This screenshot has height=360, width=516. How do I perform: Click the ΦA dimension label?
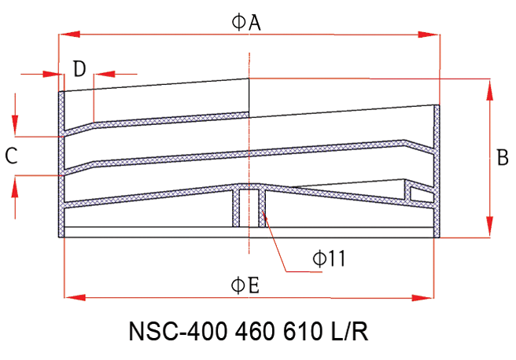246,23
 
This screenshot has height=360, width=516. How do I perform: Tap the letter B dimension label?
503,157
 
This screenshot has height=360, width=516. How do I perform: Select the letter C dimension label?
12,156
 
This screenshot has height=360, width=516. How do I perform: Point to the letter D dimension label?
79,69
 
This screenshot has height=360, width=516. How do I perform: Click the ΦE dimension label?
245,285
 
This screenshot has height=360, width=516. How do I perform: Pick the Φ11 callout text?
329,258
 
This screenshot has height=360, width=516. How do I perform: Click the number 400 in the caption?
208,332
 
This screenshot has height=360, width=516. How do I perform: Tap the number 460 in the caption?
255,332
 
